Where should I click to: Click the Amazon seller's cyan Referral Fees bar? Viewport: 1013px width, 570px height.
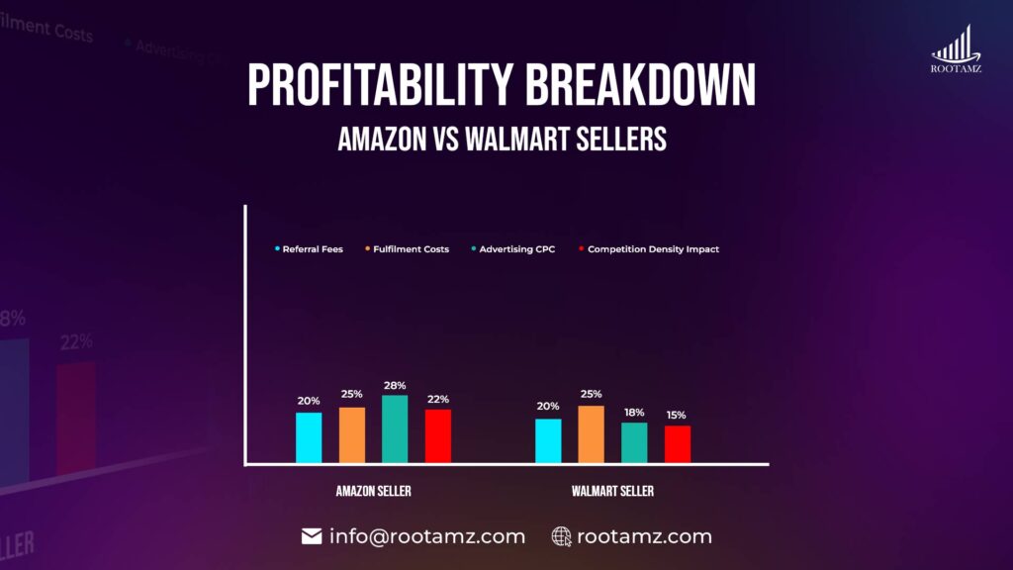[309, 436]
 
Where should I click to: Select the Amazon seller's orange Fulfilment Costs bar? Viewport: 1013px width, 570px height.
[352, 434]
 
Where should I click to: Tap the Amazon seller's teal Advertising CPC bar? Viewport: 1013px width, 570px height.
[395, 428]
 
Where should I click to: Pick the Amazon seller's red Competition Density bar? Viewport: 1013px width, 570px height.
[438, 435]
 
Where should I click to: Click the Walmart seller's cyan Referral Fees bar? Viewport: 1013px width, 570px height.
[548, 440]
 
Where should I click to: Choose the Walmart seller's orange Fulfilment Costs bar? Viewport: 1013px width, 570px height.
[592, 433]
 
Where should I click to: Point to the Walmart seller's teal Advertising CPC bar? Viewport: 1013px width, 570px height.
[634, 442]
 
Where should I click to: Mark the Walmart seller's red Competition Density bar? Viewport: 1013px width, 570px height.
[678, 443]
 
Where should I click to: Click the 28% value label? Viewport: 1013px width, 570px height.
[395, 385]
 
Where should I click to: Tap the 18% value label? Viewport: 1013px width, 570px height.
[634, 412]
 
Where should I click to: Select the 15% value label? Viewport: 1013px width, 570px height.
[678, 416]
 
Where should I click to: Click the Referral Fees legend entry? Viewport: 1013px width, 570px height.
[309, 249]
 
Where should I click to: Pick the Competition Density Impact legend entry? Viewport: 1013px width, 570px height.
[649, 249]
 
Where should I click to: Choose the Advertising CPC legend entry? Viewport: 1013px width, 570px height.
[512, 249]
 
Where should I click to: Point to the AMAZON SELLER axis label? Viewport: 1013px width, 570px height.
[374, 492]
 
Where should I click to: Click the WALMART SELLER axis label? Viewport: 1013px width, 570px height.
[612, 492]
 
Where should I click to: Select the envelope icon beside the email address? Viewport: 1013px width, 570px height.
[312, 536]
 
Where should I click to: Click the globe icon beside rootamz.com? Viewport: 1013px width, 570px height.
[562, 536]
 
